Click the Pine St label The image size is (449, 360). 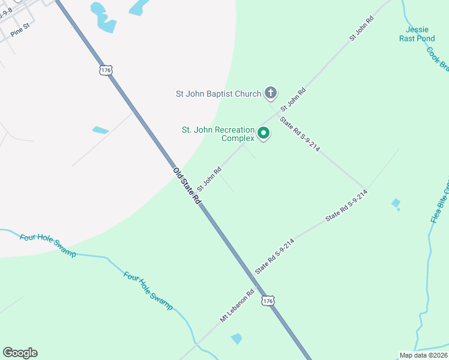[x=20, y=28]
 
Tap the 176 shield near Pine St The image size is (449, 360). [x=106, y=70]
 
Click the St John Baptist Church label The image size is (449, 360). [x=218, y=94]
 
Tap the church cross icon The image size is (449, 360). [x=271, y=93]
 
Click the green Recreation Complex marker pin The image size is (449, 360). [x=264, y=133]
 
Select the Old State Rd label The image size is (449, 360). [x=187, y=187]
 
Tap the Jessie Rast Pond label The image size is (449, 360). [x=417, y=34]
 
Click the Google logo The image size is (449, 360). [x=20, y=353]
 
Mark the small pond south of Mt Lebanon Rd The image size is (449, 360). [x=237, y=338]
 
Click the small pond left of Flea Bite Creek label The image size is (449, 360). [x=396, y=203]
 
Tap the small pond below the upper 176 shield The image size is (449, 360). [x=100, y=130]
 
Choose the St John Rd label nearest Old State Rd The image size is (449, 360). [x=209, y=178]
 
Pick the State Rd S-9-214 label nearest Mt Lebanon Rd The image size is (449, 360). [x=274, y=256]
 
